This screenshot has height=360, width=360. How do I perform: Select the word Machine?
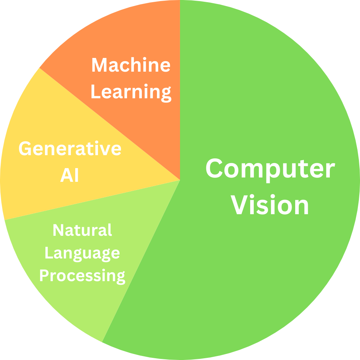point(131,65)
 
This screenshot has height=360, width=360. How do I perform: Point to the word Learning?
point(131,91)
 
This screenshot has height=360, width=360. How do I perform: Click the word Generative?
point(70,149)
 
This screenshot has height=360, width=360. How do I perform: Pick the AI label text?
point(69,176)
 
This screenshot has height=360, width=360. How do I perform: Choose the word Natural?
point(82,230)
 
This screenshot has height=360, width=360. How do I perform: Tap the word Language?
point(82,253)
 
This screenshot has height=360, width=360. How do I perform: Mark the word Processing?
point(82,276)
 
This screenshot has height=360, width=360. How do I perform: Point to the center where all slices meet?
point(180,180)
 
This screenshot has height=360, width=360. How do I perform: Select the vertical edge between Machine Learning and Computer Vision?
point(180,90)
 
